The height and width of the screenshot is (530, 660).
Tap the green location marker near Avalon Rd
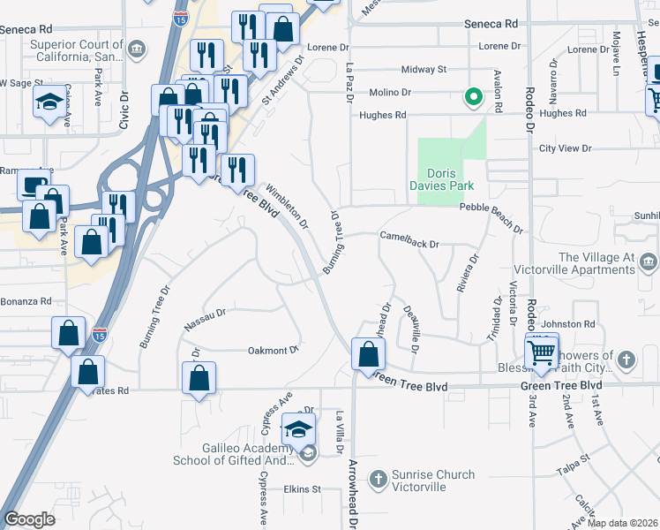[x=473, y=98]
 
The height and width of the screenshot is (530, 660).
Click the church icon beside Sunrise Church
[x=378, y=480]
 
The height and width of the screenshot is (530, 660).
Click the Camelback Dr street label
[x=409, y=237]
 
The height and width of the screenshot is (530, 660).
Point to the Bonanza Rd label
[x=26, y=301]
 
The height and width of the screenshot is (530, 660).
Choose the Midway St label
[x=424, y=69]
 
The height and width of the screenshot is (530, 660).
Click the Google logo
[x=29, y=519]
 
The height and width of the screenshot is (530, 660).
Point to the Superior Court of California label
[x=77, y=50]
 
